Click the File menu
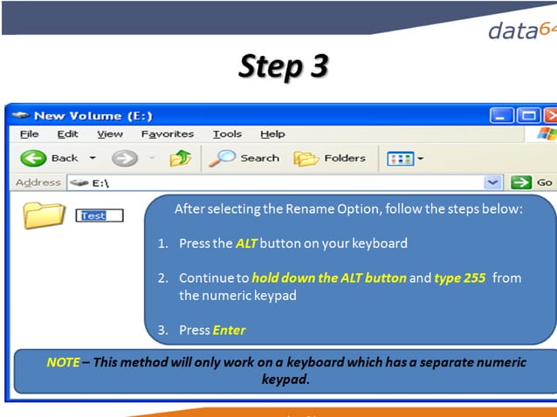click(29, 134)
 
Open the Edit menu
click(67, 134)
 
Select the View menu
click(110, 134)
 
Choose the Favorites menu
click(168, 134)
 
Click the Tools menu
click(227, 134)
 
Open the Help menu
click(272, 134)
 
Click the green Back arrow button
click(33, 158)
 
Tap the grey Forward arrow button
click(125, 158)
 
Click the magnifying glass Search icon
click(222, 158)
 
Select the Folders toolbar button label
click(345, 158)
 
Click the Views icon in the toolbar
click(401, 159)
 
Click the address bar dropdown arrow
click(493, 183)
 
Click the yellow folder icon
click(44, 215)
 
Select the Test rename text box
click(100, 215)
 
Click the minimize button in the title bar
click(501, 116)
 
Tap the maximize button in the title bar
click(528, 116)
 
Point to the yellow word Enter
click(229, 331)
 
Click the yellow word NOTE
click(63, 362)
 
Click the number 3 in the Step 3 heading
click(319, 66)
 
